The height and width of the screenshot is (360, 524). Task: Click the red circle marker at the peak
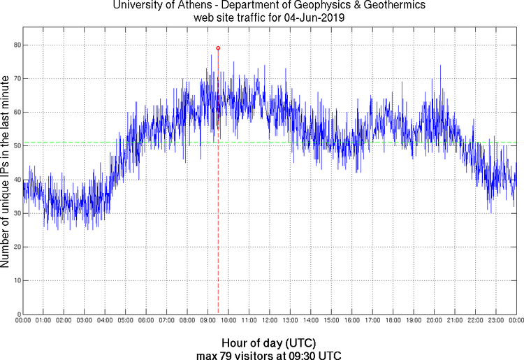(218, 48)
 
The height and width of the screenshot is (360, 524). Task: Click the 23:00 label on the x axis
(495, 321)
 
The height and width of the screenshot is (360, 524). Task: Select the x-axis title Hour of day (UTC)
(268, 343)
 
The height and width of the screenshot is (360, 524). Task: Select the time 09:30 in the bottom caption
(300, 355)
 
